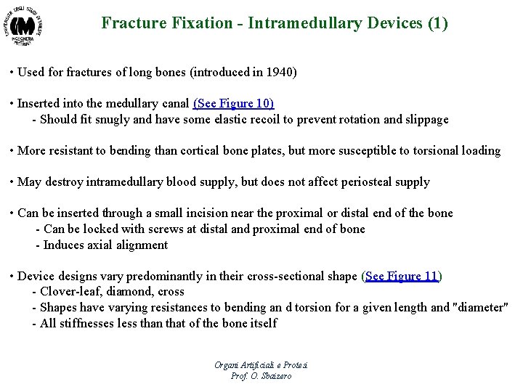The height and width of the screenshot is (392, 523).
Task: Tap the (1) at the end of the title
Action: point(437,23)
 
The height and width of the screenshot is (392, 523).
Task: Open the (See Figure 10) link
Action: point(233,104)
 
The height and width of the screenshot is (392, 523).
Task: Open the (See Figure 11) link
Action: point(401,276)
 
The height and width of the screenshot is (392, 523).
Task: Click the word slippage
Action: point(425,120)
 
